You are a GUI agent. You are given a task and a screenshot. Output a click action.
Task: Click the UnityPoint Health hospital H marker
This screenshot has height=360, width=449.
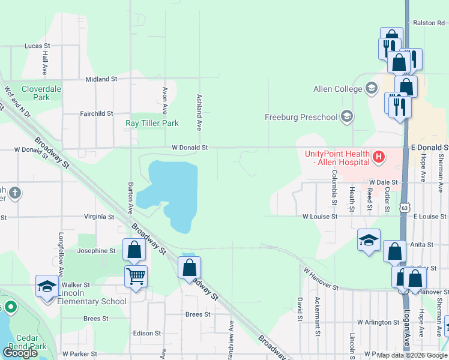[379, 158]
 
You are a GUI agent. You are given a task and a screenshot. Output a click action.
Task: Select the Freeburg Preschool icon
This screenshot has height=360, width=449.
[346, 116]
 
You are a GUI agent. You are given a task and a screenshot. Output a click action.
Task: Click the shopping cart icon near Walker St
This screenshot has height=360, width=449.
[136, 277]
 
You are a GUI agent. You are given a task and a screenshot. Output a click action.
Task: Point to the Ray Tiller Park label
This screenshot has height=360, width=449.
[152, 124]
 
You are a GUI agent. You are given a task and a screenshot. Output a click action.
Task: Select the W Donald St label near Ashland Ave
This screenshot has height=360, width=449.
[190, 147]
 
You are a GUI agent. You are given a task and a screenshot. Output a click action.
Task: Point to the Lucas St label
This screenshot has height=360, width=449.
[37, 46]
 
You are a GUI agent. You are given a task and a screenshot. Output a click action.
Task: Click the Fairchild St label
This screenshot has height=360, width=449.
[97, 113]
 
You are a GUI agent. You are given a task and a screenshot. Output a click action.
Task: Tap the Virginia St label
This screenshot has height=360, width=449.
[98, 217]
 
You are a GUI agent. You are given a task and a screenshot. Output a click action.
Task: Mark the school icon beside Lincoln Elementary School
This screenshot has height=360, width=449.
[46, 286]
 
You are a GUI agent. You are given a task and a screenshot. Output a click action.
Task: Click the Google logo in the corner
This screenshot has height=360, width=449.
[20, 352]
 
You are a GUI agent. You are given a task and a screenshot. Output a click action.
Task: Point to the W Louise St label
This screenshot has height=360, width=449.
[320, 217]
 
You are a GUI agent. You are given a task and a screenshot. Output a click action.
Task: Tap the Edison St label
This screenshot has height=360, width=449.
[147, 333]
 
